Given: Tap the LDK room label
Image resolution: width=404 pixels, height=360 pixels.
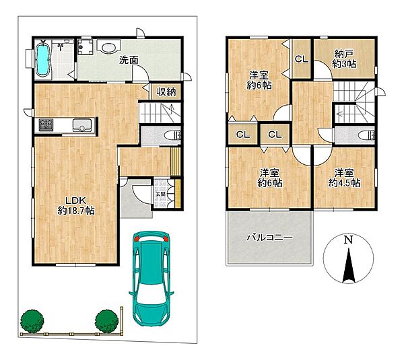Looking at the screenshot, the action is pos(75,205).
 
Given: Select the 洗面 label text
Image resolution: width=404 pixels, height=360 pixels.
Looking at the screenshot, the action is pos(129,60).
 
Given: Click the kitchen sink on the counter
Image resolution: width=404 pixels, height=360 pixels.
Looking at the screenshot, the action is pos(82,124).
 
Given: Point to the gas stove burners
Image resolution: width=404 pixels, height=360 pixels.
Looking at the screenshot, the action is pos(46,125).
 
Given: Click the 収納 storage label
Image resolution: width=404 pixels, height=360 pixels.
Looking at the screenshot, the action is pos(166,92).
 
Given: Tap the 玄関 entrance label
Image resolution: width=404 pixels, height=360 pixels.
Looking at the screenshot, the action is pos(160,194).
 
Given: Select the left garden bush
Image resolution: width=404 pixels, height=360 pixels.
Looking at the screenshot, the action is pos(32,321).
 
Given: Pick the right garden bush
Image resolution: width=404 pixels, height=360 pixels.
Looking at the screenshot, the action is pos(106,321).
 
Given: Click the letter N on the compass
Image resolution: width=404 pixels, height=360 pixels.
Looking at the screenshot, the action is pos(348,240).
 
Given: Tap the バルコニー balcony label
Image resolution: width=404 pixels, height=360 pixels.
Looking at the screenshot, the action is pos(270,237).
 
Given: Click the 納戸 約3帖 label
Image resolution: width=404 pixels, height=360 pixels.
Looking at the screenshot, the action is pos(344,59).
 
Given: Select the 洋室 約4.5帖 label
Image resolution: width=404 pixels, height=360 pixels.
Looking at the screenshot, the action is pos(344,178).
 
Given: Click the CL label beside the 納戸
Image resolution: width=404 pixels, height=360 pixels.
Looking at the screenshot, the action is pos(302,59).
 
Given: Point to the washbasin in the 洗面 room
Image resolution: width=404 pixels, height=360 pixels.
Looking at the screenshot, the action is pos(108,46).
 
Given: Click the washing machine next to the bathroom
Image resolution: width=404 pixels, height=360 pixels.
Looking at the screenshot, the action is pos(85,46).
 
